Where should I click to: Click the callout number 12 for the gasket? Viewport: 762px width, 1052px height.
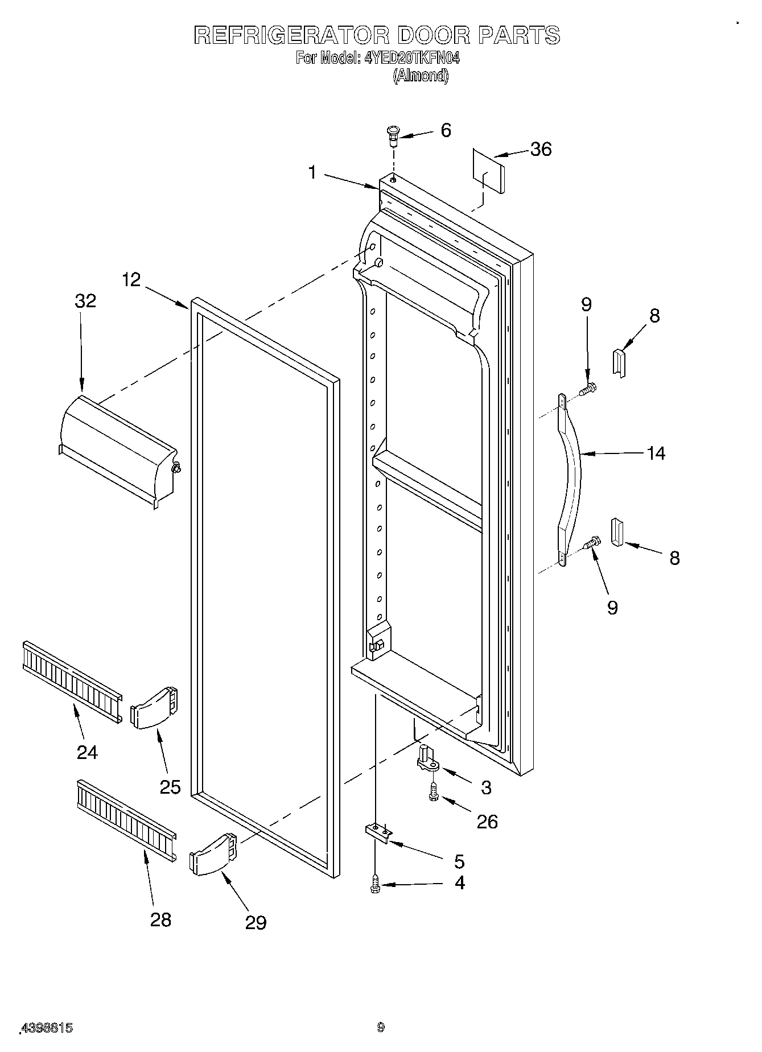tap(131, 280)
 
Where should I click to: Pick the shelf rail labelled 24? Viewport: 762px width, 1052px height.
tap(71, 682)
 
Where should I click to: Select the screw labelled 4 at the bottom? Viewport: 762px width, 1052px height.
tap(375, 883)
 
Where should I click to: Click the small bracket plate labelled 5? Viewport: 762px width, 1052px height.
tap(378, 834)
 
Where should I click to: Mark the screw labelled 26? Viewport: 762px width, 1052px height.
tap(433, 793)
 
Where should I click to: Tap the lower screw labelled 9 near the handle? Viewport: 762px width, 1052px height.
tap(592, 543)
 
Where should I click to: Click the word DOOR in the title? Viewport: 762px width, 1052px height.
tap(433, 35)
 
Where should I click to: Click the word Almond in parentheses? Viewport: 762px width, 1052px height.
tap(421, 76)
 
